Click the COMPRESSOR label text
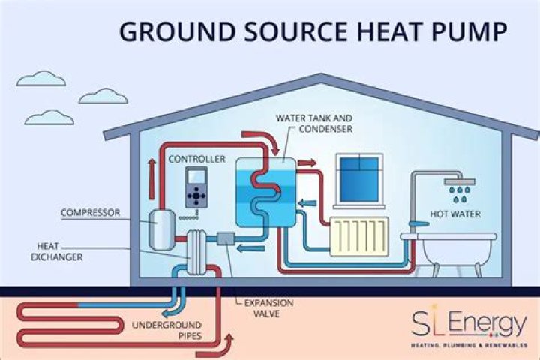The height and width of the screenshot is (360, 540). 91,213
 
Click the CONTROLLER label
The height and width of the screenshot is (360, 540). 196,159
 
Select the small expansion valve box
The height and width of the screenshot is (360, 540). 226,240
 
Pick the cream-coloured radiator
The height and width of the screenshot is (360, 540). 362,236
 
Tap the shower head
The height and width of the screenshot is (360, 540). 457,181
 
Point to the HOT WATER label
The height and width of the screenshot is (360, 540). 454,214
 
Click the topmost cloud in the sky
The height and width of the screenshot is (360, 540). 40,78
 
